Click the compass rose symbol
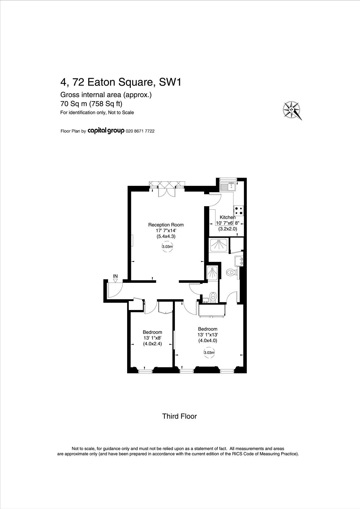[x=292, y=110]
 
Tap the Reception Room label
[x=166, y=225]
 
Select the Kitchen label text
[x=228, y=217]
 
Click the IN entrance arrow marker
[x=115, y=280]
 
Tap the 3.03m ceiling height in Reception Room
[x=167, y=247]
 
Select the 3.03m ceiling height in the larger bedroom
[x=209, y=353]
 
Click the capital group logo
[x=106, y=131]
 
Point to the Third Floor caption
[x=179, y=416]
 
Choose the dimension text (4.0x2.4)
[x=152, y=344]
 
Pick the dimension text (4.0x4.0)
[x=207, y=340]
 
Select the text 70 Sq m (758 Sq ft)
[x=91, y=104]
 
